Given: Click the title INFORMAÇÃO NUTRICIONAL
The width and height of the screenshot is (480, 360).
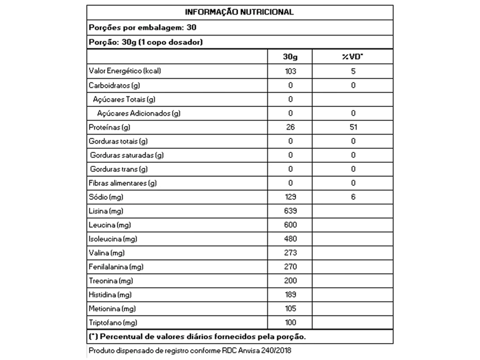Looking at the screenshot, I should click(x=239, y=12).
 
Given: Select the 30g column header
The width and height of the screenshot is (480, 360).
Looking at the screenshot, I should click(x=290, y=57).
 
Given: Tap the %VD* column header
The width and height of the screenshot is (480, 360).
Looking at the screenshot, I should click(x=352, y=57).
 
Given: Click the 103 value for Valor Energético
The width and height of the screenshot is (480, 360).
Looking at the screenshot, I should click(x=290, y=71).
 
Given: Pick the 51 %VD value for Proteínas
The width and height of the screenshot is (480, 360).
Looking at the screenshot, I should click(x=353, y=127).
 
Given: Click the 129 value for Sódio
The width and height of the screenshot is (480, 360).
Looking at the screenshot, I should click(x=290, y=197).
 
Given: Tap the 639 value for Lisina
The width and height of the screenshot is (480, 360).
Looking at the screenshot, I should click(x=290, y=211).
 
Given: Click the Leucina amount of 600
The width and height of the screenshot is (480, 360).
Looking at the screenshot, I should click(x=290, y=225).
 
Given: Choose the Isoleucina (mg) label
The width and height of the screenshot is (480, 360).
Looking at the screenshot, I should click(x=112, y=240).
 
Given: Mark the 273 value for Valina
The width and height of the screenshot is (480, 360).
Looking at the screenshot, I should click(x=290, y=253).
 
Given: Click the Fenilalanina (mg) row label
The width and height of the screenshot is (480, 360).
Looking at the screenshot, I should click(x=116, y=267).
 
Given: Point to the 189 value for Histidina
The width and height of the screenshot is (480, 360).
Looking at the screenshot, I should click(x=290, y=295).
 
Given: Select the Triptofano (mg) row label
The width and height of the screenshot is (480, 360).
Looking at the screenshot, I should click(x=112, y=323).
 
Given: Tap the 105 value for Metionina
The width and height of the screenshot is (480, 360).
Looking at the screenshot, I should click(x=290, y=309).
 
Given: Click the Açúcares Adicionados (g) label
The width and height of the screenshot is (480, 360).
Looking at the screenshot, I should click(x=139, y=113).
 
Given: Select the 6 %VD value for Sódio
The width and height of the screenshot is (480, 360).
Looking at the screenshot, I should click(x=353, y=197).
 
